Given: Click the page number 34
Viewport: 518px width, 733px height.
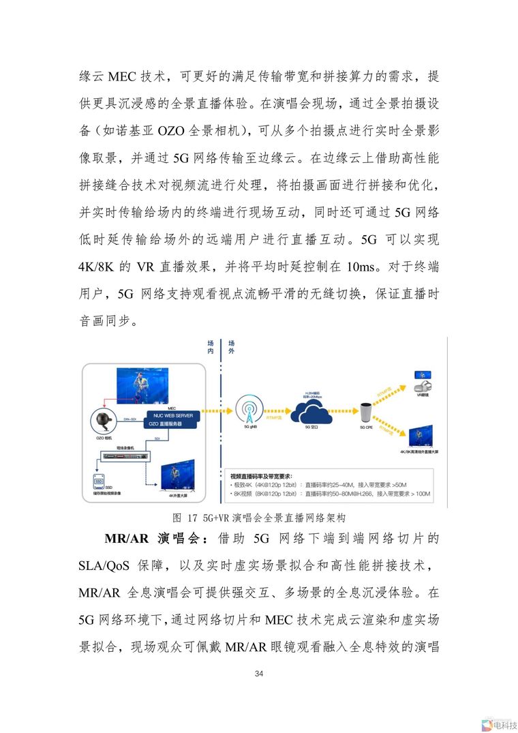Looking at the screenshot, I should [258, 674].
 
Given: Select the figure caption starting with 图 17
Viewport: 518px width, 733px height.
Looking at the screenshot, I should [260, 517].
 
